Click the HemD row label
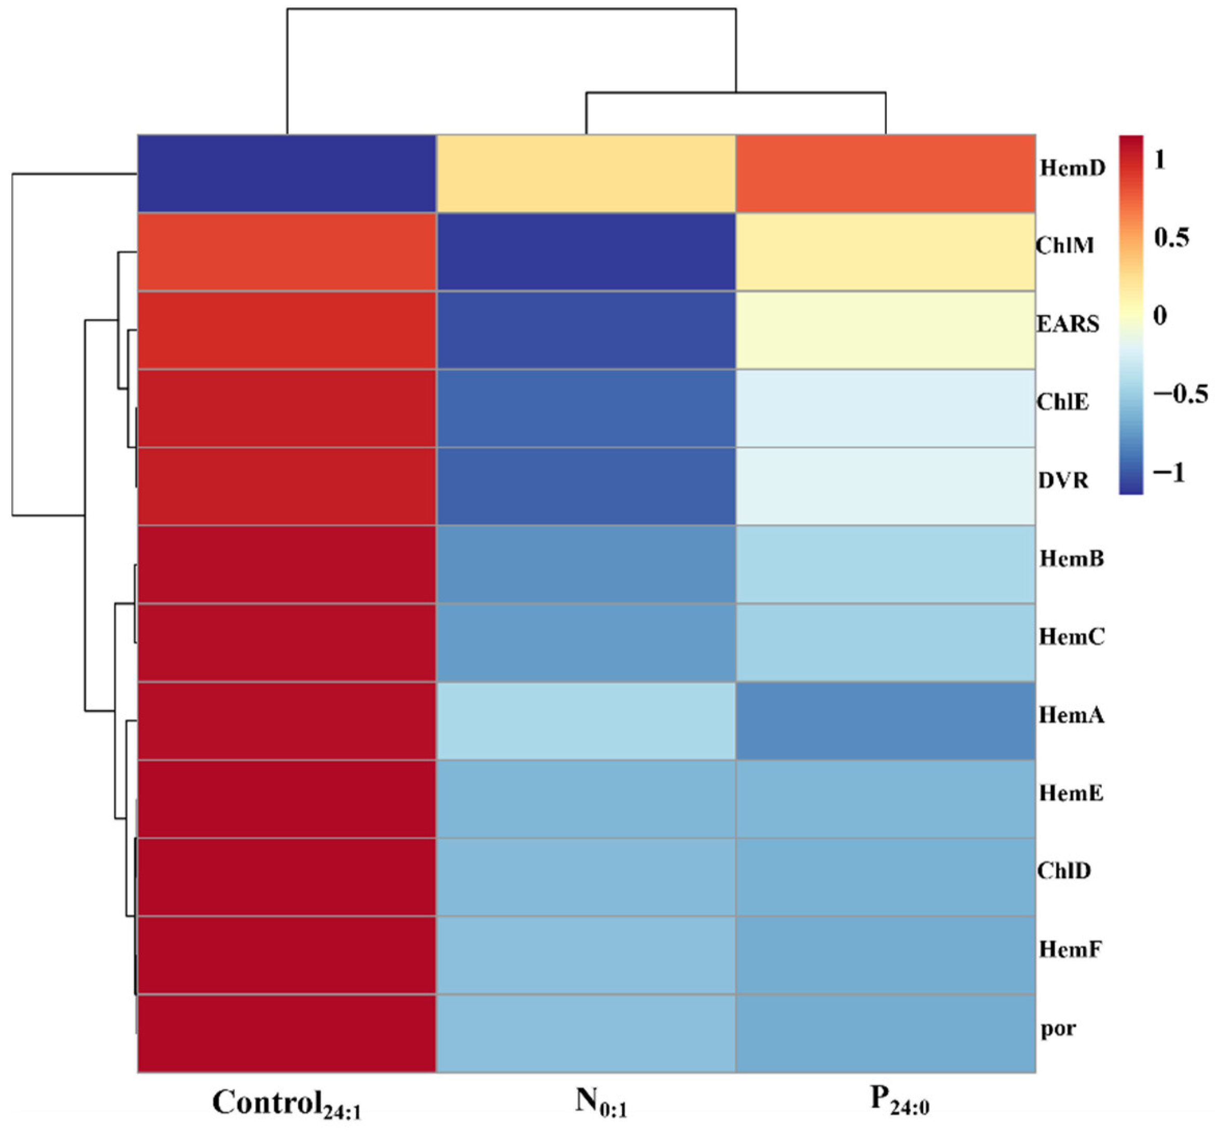tap(1073, 168)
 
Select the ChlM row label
tap(1064, 246)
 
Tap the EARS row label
tap(1068, 324)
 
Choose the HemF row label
tap(1070, 950)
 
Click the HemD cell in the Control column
tap(287, 174)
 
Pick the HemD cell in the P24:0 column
tap(886, 174)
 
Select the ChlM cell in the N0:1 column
tap(586, 252)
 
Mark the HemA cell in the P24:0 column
tap(886, 722)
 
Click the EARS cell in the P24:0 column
tap(886, 330)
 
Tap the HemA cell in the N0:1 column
tap(586, 722)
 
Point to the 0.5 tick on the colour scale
tap(1171, 238)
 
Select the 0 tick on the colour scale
tap(1159, 315)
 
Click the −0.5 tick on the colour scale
tap(1180, 394)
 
